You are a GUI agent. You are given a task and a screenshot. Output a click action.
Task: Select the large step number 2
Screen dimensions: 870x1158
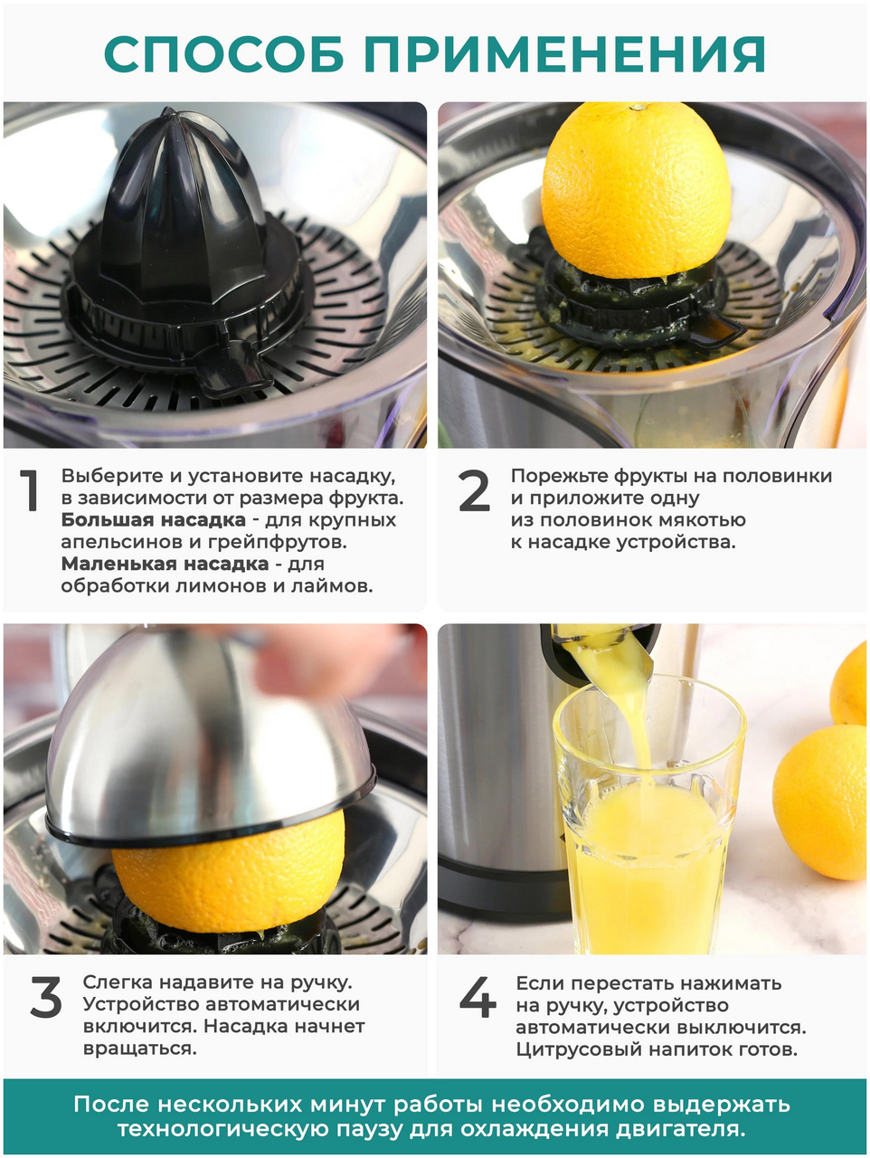tap(474, 490)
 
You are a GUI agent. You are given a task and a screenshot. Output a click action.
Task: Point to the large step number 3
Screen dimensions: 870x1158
tap(46, 997)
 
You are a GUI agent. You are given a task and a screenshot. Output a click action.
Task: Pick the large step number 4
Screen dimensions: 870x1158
tap(478, 997)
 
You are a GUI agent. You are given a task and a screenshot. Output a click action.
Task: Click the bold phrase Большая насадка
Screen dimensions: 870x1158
tap(154, 519)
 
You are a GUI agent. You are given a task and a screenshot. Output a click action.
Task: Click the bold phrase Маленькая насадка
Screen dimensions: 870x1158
tap(165, 564)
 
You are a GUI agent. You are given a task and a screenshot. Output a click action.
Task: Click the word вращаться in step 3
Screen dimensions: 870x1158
tap(139, 1049)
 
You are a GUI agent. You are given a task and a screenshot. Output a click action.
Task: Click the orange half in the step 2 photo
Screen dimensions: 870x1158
tap(637, 190)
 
